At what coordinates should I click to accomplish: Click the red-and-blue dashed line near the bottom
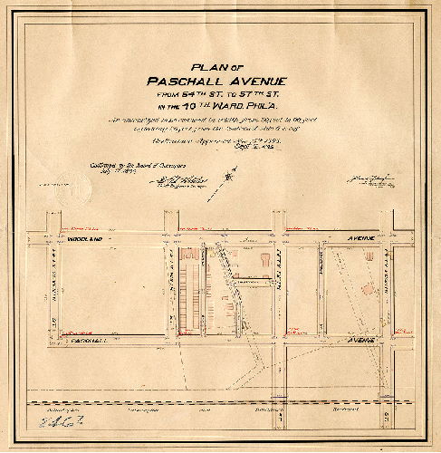pyautogui.click(x=217, y=400)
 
